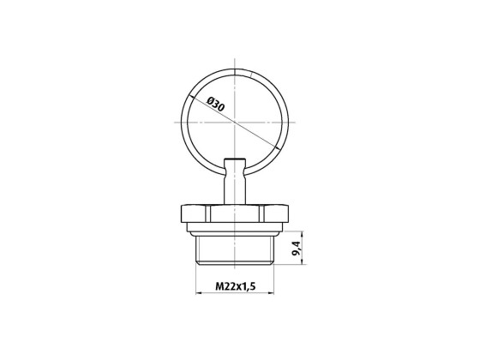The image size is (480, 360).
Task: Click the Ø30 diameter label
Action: (215, 106)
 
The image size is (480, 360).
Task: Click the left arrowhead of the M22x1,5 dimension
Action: (201, 293)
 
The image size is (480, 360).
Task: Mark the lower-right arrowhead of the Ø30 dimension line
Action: (274, 147)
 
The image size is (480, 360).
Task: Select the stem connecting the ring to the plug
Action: (235, 183)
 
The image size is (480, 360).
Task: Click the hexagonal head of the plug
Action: (235, 214)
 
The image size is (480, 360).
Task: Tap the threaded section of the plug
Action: (235, 249)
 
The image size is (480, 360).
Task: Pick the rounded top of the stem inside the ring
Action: (235, 160)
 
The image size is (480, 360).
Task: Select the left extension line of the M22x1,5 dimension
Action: (198, 279)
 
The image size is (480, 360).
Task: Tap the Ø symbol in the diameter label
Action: (209, 102)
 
